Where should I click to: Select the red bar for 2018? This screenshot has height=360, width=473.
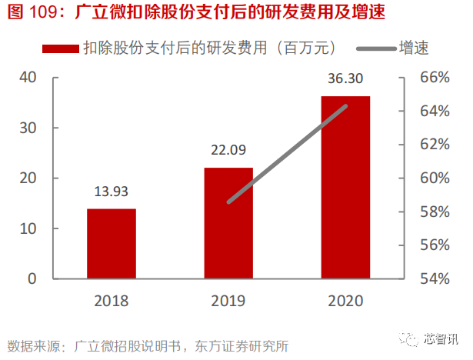(112, 243)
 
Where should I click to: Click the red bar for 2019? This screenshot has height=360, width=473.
(228, 223)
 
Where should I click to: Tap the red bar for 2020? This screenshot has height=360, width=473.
(345, 187)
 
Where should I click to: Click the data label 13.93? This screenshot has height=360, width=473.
(112, 193)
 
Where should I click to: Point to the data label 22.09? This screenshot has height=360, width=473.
(228, 152)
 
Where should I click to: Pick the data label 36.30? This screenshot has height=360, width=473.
(345, 80)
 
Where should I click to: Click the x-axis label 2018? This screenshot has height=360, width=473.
(112, 301)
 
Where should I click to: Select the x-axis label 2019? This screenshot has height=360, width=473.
(228, 301)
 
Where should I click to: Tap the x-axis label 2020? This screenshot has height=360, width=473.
(345, 301)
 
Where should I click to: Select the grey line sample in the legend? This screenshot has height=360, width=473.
(377, 48)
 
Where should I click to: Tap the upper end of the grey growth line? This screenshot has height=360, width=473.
(345, 106)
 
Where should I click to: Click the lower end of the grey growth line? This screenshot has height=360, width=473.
(229, 202)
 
